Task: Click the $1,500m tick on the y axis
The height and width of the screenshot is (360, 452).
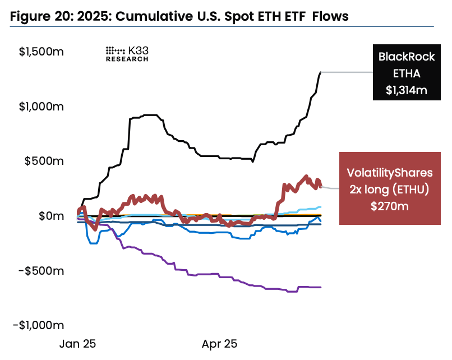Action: tap(41, 52)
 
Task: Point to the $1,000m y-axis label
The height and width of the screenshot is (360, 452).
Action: tap(41, 107)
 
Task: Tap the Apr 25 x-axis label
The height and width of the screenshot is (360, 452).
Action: tap(220, 344)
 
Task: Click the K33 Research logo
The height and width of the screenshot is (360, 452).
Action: tap(127, 53)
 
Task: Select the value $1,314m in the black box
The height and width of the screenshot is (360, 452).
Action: tap(407, 89)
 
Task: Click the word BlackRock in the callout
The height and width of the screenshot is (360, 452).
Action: tap(407, 57)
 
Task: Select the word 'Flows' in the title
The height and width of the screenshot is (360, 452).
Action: tap(330, 17)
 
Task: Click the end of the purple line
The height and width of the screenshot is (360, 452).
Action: tap(320, 287)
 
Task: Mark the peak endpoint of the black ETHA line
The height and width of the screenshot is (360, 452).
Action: tap(320, 72)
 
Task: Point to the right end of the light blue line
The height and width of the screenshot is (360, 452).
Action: tap(320, 207)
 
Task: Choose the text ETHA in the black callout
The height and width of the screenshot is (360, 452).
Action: tap(407, 73)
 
